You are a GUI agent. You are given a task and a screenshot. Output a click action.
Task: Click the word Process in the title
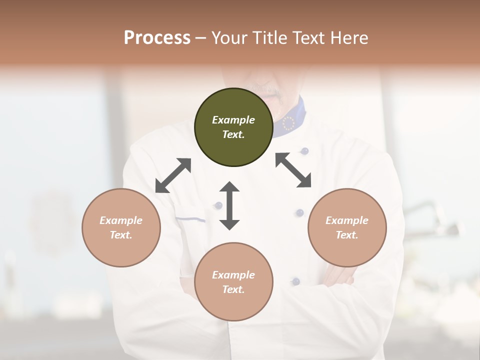(157, 38)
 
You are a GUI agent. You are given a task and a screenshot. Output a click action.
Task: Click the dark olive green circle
(233, 127)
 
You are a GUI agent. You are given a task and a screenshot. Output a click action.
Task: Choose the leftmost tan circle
(121, 227)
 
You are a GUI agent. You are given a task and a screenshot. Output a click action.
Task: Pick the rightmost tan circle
(347, 227)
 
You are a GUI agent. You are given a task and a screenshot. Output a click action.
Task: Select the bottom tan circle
(233, 281)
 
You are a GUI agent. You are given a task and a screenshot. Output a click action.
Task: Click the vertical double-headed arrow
(229, 205)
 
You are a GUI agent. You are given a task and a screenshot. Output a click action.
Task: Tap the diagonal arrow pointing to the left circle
(173, 175)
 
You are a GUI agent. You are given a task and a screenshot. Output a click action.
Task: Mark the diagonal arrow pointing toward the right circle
(293, 170)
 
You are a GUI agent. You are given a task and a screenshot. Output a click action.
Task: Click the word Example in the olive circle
(233, 120)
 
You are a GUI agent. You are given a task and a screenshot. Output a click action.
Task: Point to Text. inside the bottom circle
(233, 289)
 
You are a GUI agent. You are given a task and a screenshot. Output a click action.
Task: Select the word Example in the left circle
(121, 220)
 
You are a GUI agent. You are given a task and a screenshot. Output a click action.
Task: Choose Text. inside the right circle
(347, 235)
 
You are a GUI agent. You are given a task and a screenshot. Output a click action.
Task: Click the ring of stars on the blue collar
(289, 123)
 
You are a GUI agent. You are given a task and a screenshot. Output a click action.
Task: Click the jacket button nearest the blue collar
(304, 150)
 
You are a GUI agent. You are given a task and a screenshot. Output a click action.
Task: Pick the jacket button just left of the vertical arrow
(218, 205)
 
